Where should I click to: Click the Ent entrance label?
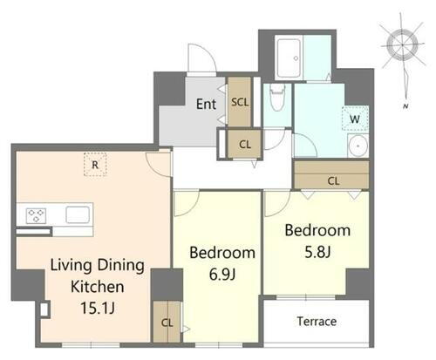click(206, 104)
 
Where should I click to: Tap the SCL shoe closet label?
click(240, 102)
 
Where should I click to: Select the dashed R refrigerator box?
click(95, 165)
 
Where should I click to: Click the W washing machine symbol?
click(355, 119)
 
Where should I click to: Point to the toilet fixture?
click(277, 98)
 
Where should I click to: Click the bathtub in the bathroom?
click(289, 58)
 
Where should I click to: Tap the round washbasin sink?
click(358, 146)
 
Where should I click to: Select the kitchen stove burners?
click(36, 216)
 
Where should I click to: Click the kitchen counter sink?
click(78, 215)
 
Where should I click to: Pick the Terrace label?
click(317, 322)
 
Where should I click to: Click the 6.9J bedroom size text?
click(222, 274)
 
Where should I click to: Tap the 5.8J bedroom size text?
click(317, 252)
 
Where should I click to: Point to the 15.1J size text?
click(98, 308)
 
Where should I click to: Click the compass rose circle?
click(403, 45)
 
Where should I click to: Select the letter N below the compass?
click(405, 106)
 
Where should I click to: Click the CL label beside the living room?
click(167, 323)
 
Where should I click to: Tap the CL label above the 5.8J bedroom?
click(333, 181)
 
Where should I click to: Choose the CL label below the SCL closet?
click(245, 145)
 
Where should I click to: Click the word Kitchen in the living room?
click(98, 287)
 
